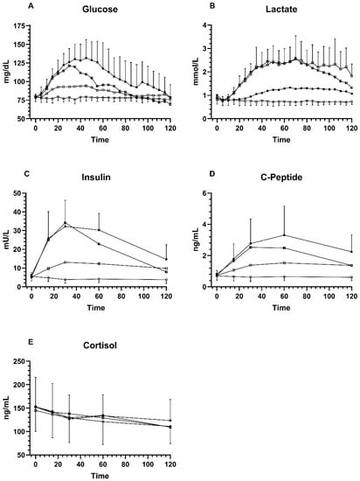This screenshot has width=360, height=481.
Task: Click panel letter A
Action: click(x=7, y=7)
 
